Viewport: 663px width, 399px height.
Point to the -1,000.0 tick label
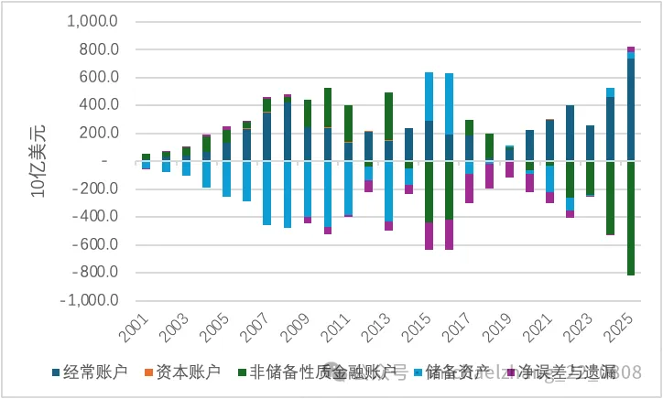(90, 301)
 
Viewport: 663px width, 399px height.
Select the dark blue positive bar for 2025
(631, 110)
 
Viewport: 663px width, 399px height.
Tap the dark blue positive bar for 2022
(570, 133)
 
